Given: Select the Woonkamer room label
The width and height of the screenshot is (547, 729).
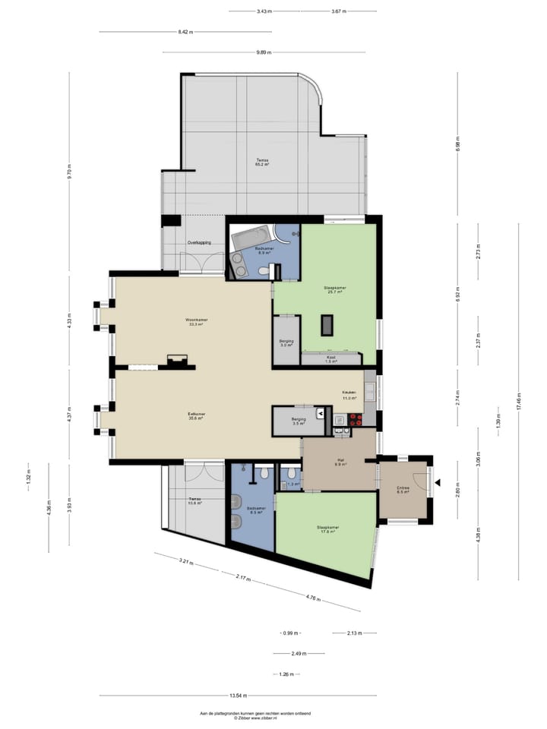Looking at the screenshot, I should click(196, 322).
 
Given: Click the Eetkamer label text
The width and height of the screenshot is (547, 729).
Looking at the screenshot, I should click(197, 415).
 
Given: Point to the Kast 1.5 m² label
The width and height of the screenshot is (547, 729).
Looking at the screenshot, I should click(330, 359).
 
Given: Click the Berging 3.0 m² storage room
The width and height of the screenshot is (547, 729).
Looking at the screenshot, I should click(286, 342).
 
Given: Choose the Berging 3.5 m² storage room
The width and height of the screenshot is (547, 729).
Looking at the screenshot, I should click(299, 421).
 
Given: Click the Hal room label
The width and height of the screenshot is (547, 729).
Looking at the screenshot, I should click(342, 462).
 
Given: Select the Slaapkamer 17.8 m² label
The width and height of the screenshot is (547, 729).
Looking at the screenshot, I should click(327, 529).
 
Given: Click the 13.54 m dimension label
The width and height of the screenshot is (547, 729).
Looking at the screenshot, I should click(238, 695).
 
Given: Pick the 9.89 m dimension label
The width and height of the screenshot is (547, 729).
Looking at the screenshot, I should click(264, 52).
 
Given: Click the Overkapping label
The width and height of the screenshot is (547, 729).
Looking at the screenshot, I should click(199, 242).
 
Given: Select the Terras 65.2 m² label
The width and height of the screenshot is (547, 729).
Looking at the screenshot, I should click(262, 162).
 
